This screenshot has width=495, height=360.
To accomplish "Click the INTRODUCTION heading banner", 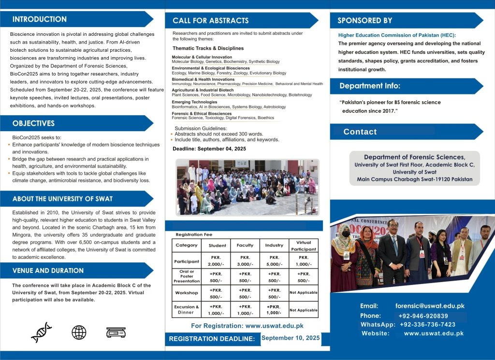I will [40, 19].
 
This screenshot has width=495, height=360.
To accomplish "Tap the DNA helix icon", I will [41, 332].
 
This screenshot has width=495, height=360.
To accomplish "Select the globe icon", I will [79, 332].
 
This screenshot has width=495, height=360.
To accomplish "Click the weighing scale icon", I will [116, 332].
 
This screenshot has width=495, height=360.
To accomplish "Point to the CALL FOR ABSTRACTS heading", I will [211, 21].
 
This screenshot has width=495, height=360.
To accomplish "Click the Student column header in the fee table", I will [218, 245].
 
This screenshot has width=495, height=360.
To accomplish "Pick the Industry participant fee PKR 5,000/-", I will [274, 261].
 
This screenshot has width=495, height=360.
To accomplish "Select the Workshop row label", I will [187, 293].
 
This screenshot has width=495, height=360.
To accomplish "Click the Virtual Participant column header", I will [304, 245].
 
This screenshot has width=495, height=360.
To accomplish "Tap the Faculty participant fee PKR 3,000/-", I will [245, 261].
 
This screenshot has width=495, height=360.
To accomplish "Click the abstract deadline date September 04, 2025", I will [228, 149].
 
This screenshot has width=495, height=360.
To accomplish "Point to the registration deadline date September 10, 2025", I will [291, 338].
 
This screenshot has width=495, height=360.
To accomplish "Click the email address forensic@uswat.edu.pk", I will [430, 306].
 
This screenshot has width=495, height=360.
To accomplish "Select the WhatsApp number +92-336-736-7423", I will [427, 325].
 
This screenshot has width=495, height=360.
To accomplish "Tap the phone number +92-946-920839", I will [423, 316].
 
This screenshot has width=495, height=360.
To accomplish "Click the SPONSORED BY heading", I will [365, 21].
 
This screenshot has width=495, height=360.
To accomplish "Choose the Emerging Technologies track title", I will [194, 102].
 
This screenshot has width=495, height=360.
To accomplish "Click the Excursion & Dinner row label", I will [187, 310].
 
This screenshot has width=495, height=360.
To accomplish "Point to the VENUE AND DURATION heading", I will [48, 270].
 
